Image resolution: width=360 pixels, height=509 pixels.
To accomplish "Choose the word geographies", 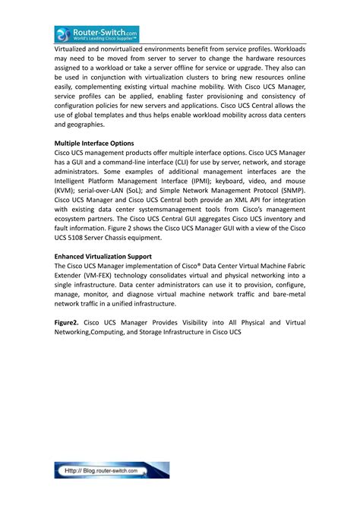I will click(90, 124).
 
